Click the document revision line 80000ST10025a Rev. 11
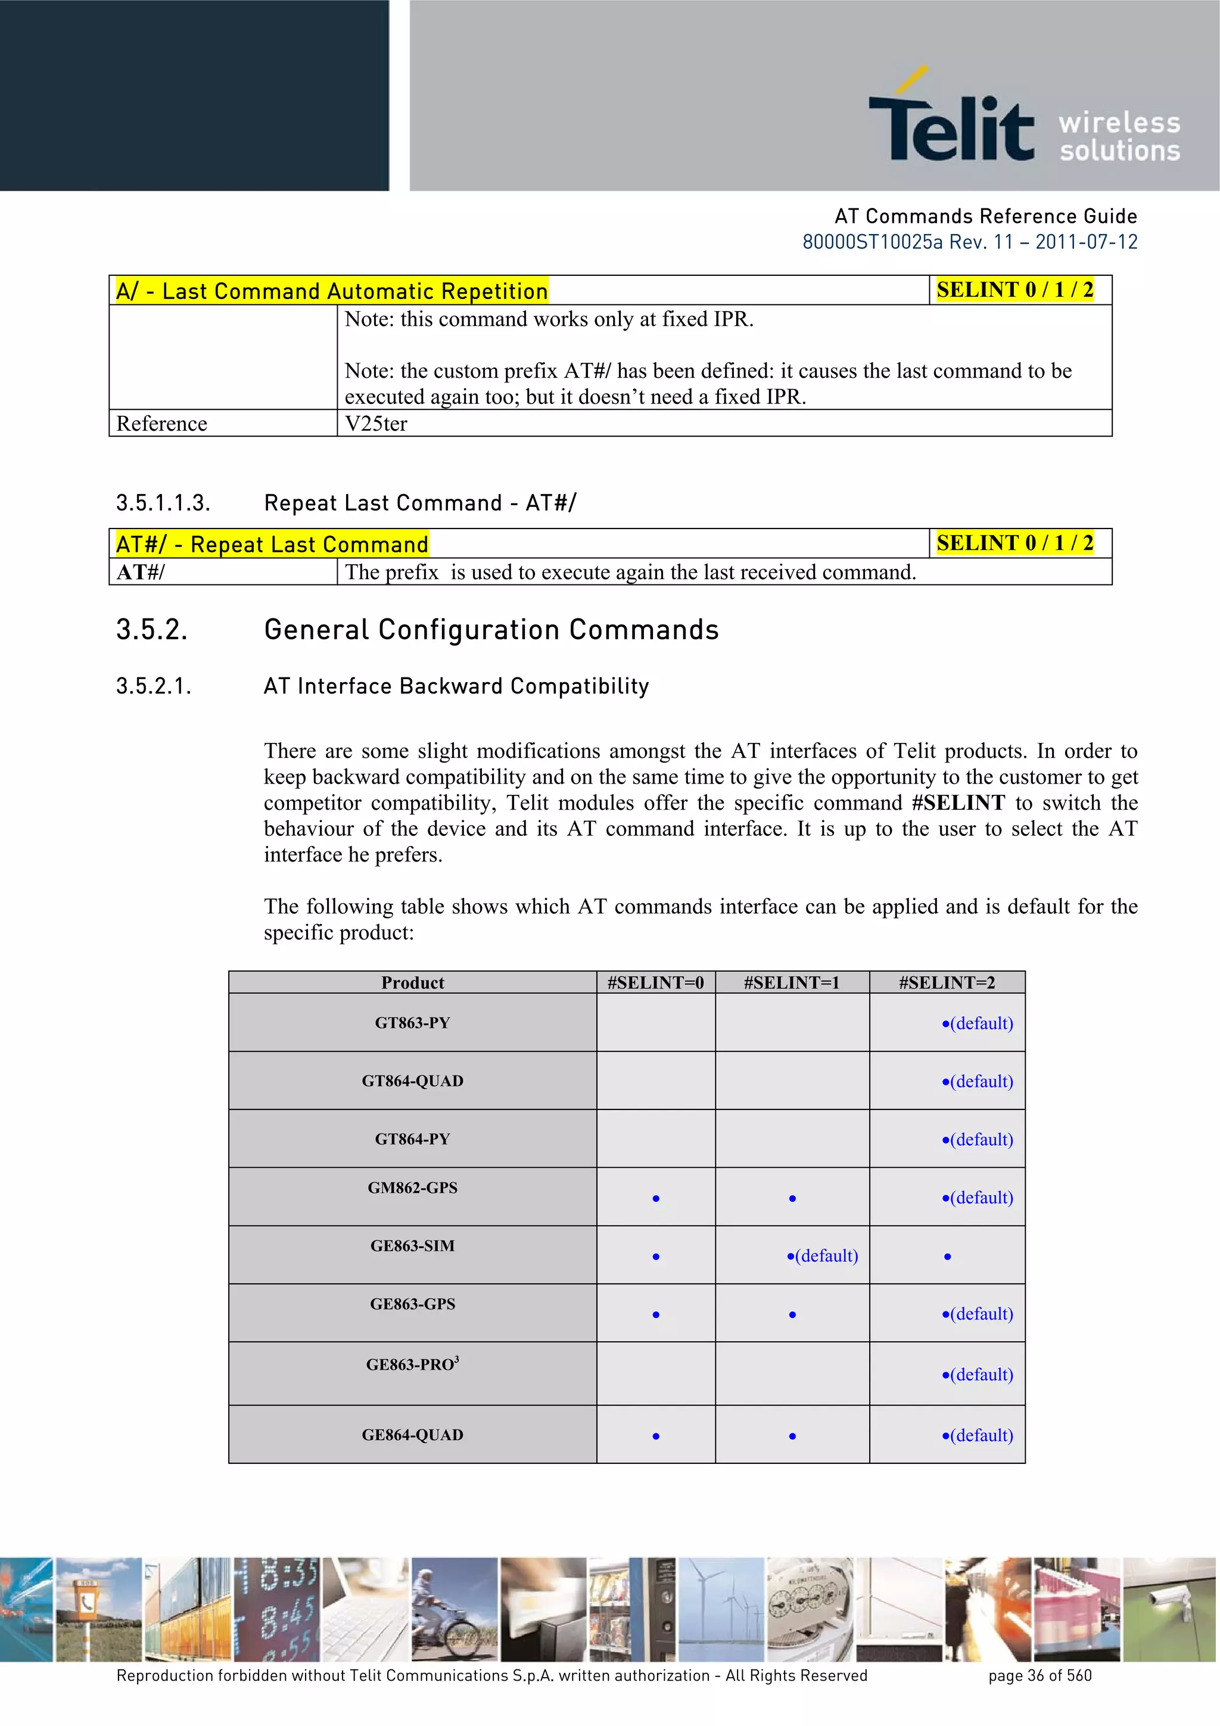click(x=969, y=242)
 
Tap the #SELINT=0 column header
click(x=655, y=982)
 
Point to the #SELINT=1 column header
click(x=792, y=982)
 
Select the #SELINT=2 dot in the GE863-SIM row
click(x=948, y=1256)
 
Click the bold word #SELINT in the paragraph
click(x=958, y=803)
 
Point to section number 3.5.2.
click(x=152, y=630)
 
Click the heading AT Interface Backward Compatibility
click(x=456, y=686)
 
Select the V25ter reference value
click(x=376, y=424)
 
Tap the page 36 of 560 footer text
click(x=1040, y=1675)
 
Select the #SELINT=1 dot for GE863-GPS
click(x=792, y=1315)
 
